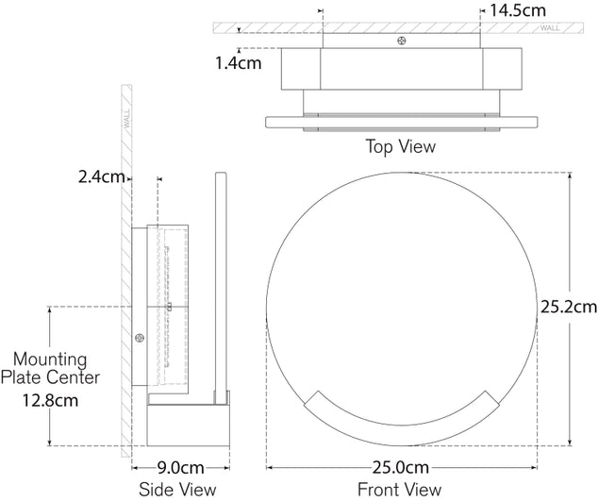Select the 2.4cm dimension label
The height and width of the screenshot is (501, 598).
pyautogui.click(x=101, y=176)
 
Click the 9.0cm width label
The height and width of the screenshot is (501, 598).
pyautogui.click(x=179, y=467)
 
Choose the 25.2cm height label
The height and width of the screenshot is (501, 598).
pyautogui.click(x=568, y=307)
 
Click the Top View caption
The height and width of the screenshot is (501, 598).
pyautogui.click(x=401, y=146)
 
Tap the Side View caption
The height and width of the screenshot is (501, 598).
pyautogui.click(x=177, y=489)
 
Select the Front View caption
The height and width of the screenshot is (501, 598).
pyautogui.click(x=399, y=489)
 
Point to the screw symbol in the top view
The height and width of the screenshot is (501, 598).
pyautogui.click(x=403, y=42)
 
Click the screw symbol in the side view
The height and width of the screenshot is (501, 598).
pyautogui.click(x=140, y=339)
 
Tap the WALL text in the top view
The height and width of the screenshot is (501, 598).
pyautogui.click(x=549, y=28)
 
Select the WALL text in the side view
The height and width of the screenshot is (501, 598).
pyautogui.click(x=125, y=121)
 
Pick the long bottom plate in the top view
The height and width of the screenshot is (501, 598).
pyautogui.click(x=402, y=122)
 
